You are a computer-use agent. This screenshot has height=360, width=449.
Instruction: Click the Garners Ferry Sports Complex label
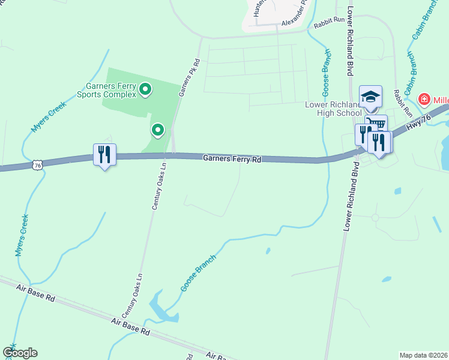tap(108, 90)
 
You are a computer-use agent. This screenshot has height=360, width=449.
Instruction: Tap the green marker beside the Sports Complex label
tap(145, 90)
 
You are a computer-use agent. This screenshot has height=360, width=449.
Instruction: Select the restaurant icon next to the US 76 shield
tap(104, 155)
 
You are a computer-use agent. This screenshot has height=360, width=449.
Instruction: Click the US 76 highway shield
tap(38, 164)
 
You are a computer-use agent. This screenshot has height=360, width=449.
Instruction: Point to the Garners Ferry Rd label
tap(232, 160)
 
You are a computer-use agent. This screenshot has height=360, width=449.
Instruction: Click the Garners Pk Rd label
tap(188, 77)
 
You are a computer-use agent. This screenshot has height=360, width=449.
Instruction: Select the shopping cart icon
tap(376, 125)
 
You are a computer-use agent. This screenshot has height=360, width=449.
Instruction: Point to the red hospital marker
tap(424, 98)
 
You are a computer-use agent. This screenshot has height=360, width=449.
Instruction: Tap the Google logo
tap(20, 353)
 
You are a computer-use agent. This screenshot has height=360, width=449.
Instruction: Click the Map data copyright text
tap(423, 355)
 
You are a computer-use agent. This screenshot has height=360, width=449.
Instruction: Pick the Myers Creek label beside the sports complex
tap(48, 115)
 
